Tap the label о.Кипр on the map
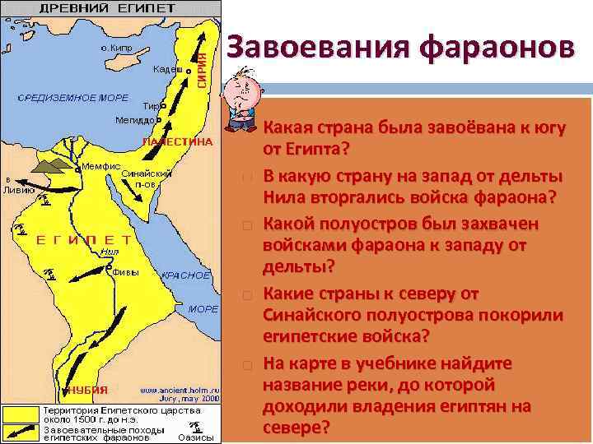coord(118,48)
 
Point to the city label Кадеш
coord(167,69)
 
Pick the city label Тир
coord(149,106)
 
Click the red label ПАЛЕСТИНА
coord(177,141)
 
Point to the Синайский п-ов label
coord(146,179)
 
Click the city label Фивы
coord(124,272)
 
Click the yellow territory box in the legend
coord(22,409)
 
